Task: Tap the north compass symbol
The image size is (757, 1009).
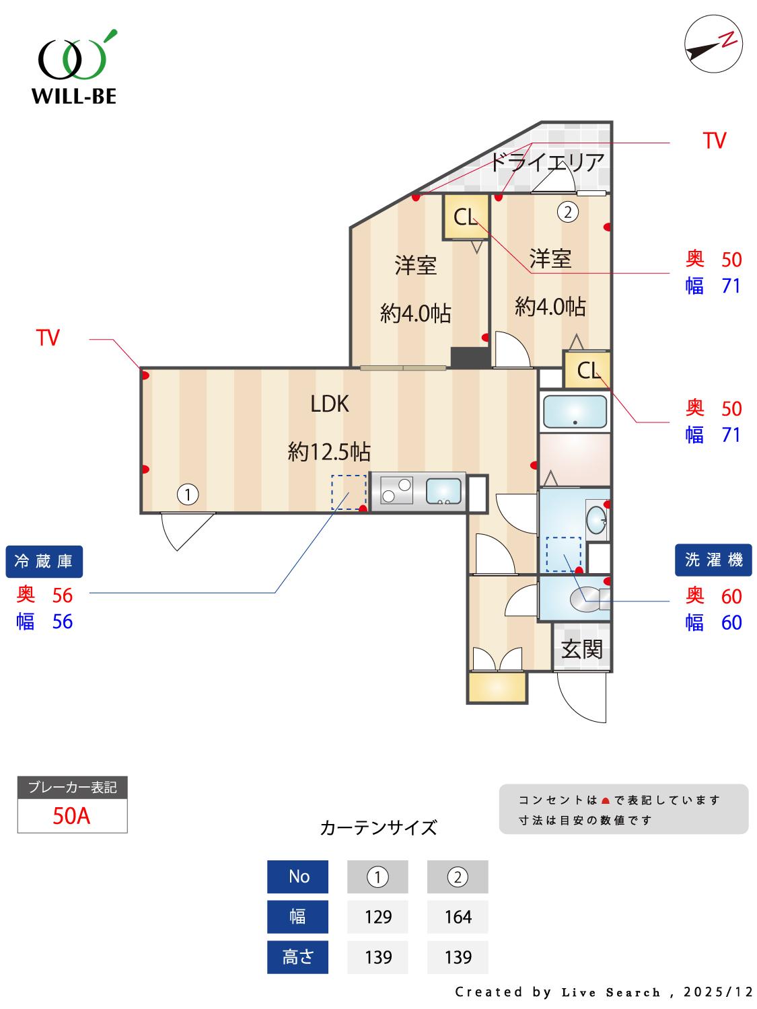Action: pos(713,44)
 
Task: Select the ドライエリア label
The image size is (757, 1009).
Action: pos(546,162)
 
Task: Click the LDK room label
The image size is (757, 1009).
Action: pos(330,404)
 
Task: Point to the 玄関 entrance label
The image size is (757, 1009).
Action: pos(582,649)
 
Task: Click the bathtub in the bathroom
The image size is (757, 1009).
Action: pos(575,411)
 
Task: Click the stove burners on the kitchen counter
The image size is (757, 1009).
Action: pos(396,490)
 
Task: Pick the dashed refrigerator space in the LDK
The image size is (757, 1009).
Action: pos(349,492)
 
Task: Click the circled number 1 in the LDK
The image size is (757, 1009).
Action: pos(188,495)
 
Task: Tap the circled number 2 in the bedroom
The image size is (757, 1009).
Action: pos(568,213)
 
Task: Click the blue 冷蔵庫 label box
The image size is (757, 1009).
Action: pos(44,561)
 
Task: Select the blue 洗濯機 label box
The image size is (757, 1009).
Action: pos(713,560)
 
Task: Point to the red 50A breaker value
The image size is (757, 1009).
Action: pos(71,816)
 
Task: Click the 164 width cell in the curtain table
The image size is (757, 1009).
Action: pos(458,917)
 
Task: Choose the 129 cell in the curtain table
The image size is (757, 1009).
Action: pos(377,917)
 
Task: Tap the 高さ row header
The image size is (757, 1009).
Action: pos(297,957)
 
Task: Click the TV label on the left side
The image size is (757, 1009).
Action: pos(48,338)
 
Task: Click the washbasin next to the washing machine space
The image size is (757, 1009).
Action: pos(596,519)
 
